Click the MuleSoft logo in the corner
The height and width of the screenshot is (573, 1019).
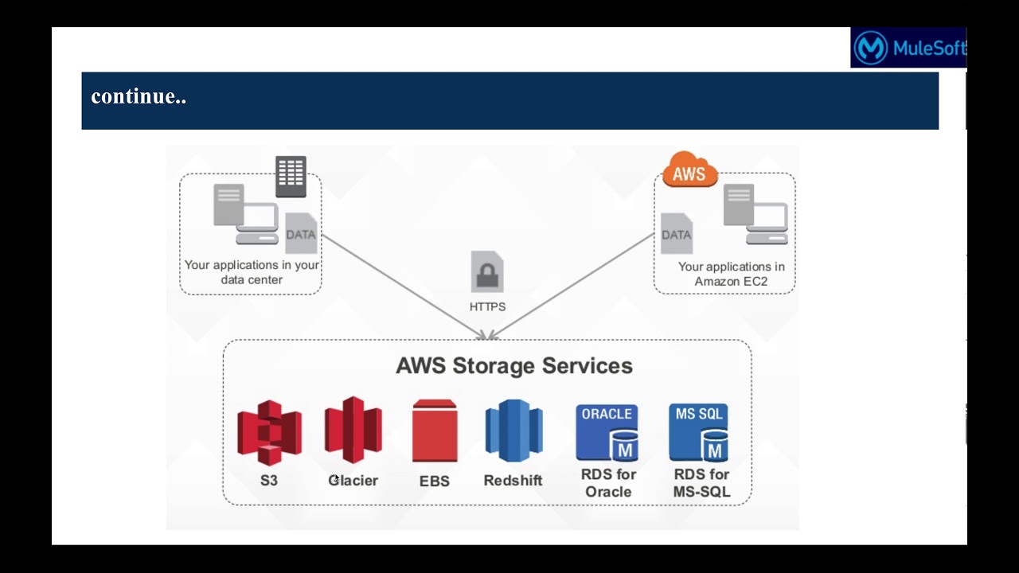click(x=908, y=48)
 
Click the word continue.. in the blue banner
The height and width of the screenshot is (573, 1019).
click(x=139, y=97)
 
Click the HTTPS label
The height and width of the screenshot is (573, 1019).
click(x=487, y=306)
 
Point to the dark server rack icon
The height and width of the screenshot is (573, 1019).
click(x=291, y=177)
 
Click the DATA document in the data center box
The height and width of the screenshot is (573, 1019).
click(x=301, y=233)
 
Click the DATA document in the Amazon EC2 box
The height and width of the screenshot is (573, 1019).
click(x=676, y=233)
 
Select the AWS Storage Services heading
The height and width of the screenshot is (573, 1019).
click(x=514, y=366)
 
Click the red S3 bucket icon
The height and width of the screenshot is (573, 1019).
click(x=269, y=433)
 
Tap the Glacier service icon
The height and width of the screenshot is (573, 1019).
click(x=353, y=430)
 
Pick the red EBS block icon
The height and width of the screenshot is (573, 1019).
click(x=435, y=431)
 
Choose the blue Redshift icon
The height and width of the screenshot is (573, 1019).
click(x=513, y=431)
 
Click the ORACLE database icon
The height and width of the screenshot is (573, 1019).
click(x=607, y=433)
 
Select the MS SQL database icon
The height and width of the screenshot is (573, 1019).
click(x=699, y=433)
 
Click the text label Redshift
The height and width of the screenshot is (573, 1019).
click(x=513, y=481)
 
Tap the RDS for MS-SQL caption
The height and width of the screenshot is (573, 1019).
click(x=701, y=483)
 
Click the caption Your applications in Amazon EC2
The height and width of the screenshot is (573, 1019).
click(x=731, y=274)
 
